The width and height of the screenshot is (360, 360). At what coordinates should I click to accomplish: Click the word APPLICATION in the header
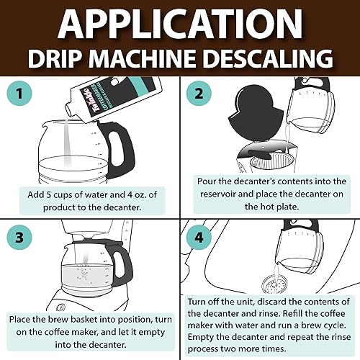[180, 23]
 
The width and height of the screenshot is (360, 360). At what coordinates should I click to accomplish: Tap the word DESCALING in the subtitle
[268, 58]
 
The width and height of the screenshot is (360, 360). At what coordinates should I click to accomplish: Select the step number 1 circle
[19, 94]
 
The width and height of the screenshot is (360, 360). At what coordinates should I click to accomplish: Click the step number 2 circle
[199, 94]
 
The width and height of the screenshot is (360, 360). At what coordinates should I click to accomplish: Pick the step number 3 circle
[19, 237]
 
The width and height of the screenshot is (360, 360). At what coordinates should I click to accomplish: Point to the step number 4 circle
[199, 237]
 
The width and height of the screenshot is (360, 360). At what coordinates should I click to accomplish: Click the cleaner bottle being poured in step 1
[114, 99]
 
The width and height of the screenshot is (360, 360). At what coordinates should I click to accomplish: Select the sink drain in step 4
[274, 285]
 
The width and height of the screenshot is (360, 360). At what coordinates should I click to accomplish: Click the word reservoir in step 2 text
[217, 194]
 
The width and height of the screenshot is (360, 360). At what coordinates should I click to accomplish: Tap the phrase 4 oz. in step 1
[136, 194]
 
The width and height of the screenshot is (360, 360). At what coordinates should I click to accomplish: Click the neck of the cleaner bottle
[71, 110]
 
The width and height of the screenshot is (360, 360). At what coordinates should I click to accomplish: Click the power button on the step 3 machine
[61, 307]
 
